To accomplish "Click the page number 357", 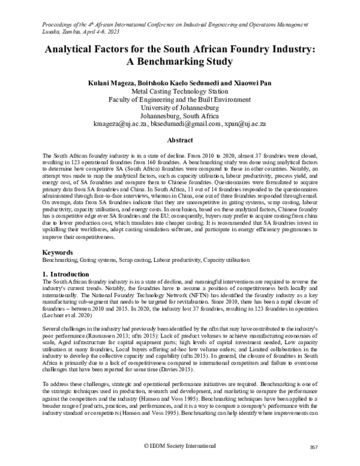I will [313, 448].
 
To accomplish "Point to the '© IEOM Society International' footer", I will [180, 446].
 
